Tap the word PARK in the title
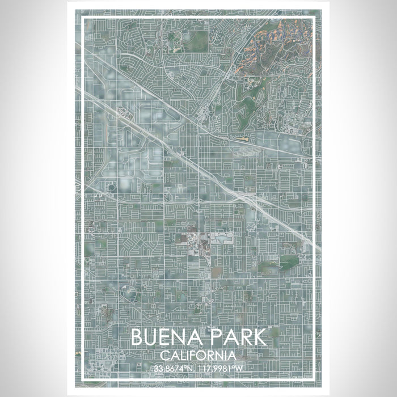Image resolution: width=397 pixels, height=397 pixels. (x=237, y=338)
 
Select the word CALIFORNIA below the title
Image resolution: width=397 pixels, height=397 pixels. (x=198, y=356)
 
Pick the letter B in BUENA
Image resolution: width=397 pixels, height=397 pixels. (x=138, y=338)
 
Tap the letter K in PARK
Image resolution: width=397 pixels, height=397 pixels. (x=258, y=338)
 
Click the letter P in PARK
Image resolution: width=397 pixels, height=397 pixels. (x=216, y=338)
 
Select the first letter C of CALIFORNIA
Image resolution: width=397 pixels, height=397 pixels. (x=164, y=356)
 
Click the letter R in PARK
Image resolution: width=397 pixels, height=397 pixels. (x=244, y=338)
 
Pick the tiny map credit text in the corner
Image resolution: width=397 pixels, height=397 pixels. (x=303, y=375)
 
